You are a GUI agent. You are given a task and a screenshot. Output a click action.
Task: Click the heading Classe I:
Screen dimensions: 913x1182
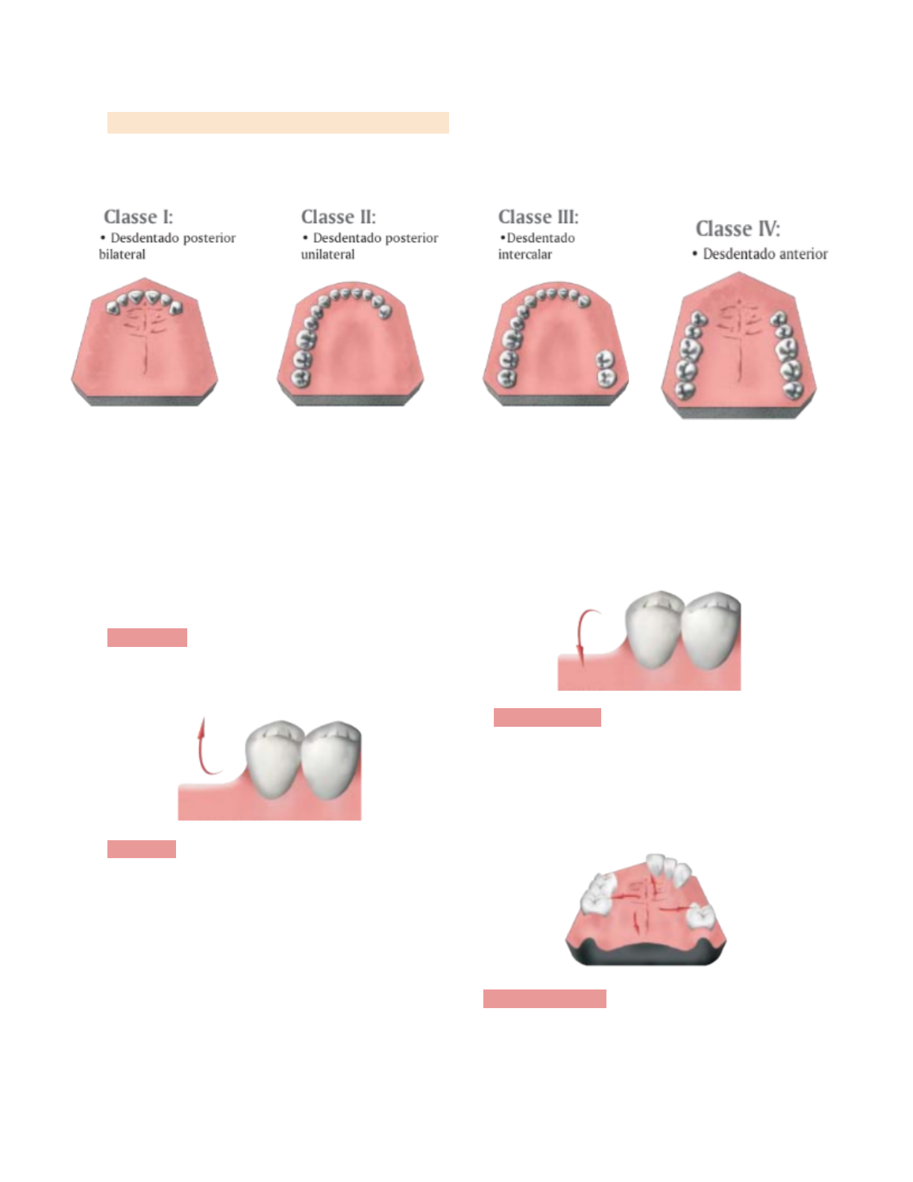tap(138, 217)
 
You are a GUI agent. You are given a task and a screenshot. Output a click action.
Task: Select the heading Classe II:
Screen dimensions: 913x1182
tap(338, 217)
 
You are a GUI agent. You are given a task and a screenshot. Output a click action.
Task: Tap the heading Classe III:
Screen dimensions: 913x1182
tap(538, 217)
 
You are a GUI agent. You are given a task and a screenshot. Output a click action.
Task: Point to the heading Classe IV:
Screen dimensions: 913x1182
tap(737, 229)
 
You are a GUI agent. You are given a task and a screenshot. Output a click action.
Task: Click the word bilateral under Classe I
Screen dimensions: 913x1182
tap(122, 254)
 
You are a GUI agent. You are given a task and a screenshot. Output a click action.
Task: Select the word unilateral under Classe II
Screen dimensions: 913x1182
tap(327, 254)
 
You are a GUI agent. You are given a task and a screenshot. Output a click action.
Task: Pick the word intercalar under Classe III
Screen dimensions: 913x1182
tap(525, 254)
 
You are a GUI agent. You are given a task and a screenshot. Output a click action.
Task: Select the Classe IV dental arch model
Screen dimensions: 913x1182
tap(738, 347)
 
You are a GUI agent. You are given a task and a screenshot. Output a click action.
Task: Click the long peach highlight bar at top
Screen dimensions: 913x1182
tap(277, 122)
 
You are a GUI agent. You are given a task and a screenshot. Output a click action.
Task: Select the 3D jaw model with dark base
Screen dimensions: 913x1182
tap(646, 911)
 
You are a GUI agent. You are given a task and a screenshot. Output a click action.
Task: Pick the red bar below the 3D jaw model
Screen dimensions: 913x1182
tap(545, 999)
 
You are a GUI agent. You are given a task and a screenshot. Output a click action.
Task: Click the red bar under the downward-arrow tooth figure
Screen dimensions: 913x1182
tap(547, 718)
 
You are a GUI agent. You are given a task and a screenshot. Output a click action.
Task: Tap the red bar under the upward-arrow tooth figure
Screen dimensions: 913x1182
tap(141, 849)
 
